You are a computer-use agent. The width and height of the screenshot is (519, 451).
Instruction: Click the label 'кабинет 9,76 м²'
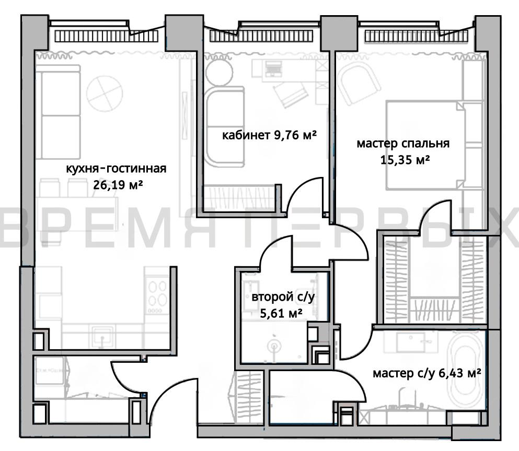tap(269, 135)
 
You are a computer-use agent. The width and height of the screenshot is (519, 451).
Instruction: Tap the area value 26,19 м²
tap(118, 184)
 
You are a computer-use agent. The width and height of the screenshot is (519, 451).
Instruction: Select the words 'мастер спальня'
tap(403, 144)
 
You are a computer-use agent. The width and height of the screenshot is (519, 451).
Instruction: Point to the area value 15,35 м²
tap(405, 160)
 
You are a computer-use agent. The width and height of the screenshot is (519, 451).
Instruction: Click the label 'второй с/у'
tap(283, 297)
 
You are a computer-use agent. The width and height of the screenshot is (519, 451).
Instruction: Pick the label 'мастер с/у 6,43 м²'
tap(426, 373)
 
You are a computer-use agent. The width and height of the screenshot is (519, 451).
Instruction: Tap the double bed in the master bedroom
tap(425, 146)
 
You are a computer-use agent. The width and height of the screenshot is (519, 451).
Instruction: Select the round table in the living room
tap(105, 93)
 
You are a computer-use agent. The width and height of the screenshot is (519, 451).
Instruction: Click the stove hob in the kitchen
tap(157, 295)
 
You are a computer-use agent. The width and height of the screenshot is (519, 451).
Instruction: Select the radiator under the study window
tap(261, 37)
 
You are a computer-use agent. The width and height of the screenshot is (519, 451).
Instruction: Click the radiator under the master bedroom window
tap(417, 37)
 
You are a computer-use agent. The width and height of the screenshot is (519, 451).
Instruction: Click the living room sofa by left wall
tap(58, 112)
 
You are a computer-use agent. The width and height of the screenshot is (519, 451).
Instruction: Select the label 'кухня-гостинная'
tap(116, 169)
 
